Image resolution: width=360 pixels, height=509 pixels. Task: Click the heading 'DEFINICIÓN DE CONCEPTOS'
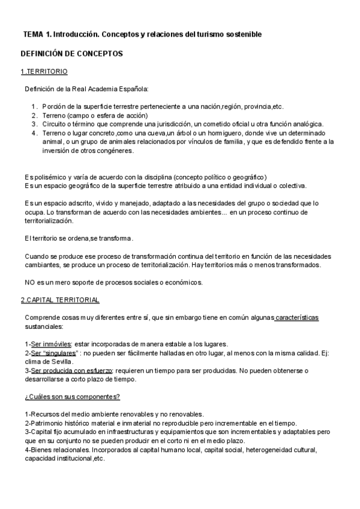(x=71, y=53)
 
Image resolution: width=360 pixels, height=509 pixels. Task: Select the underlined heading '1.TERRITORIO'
(x=44, y=72)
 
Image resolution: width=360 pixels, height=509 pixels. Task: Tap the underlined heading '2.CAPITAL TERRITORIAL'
(x=60, y=300)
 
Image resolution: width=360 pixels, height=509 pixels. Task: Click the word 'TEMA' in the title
(x=34, y=35)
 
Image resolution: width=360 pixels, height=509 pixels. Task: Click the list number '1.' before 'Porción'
(x=34, y=107)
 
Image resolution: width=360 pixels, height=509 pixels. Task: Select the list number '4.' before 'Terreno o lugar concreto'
(x=34, y=133)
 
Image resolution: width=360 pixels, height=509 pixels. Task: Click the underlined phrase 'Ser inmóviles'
(x=52, y=344)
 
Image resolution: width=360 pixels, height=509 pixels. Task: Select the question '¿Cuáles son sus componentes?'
(x=72, y=397)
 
